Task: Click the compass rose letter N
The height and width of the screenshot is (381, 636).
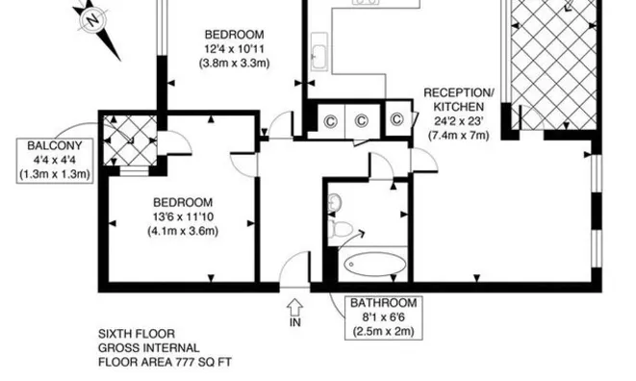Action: click(93, 19)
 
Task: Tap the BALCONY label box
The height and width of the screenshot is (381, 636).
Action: click(55, 161)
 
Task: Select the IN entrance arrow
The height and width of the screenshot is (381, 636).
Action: click(294, 306)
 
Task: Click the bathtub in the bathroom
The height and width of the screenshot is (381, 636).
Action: click(375, 265)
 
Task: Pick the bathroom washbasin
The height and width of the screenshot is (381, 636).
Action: click(335, 202)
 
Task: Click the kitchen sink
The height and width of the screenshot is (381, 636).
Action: click(319, 52)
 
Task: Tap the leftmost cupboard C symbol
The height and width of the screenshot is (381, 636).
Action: click(331, 121)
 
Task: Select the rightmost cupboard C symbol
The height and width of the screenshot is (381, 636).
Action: click(397, 119)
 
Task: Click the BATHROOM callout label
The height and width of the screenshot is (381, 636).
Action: click(383, 317)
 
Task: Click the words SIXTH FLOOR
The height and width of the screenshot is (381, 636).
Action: click(137, 334)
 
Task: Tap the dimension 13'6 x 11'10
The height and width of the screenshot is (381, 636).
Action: click(183, 216)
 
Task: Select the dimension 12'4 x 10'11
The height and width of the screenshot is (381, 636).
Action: click(234, 49)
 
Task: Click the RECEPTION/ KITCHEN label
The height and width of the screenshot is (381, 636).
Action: click(459, 100)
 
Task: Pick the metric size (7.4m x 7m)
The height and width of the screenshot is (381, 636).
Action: click(459, 135)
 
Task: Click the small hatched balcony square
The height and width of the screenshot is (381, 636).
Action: click(130, 140)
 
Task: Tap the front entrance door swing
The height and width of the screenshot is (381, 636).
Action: click(295, 268)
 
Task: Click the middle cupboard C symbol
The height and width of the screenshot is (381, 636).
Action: click(362, 121)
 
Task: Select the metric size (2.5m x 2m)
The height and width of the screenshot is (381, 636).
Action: click(383, 332)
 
